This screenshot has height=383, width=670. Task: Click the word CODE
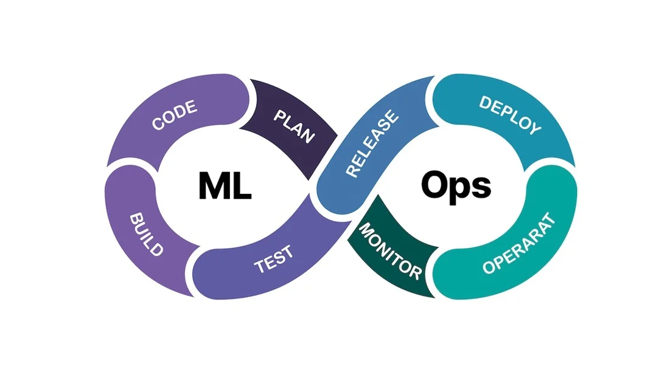coord(175,116)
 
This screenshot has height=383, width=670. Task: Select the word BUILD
coord(147,235)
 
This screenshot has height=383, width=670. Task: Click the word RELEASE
coord(373,143)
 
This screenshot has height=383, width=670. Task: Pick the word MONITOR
coord(390,250)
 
